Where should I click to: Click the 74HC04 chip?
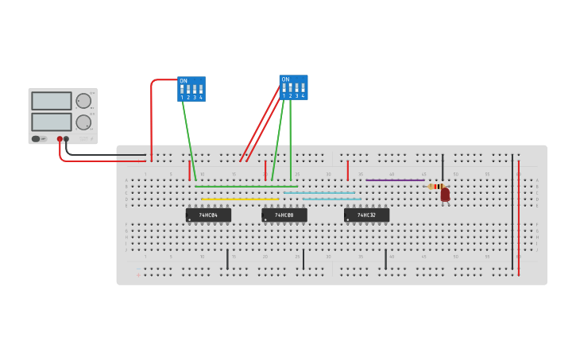[208, 215]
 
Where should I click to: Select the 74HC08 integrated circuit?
[284, 215]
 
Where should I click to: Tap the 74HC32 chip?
[366, 215]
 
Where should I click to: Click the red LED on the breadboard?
[445, 193]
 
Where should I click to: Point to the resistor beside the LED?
[436, 187]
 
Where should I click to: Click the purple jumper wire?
[395, 180]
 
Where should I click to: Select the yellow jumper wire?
[240, 199]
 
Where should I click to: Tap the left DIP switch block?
[191, 89]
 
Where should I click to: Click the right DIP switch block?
[293, 87]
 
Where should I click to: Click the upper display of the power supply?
[52, 101]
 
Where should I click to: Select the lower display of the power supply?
[52, 122]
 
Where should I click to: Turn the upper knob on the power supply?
[83, 100]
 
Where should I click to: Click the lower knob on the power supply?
[83, 122]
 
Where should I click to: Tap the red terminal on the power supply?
[60, 139]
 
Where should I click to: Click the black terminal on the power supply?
[67, 139]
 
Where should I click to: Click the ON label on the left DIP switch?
[184, 81]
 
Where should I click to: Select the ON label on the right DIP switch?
[285, 79]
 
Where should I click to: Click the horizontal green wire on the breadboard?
[246, 186]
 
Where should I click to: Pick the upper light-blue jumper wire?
[319, 192]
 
